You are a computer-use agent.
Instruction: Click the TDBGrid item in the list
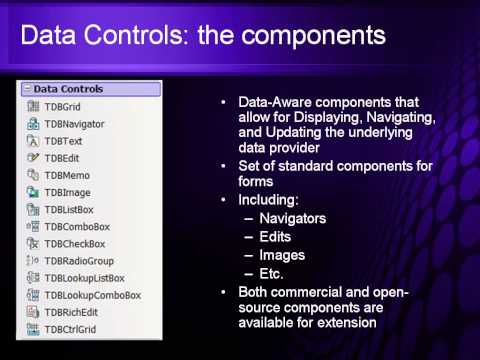tap(61, 106)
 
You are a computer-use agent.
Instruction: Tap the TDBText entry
tap(62, 140)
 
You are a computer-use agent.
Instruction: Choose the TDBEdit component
tap(62, 158)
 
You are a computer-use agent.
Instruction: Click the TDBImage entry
tap(67, 192)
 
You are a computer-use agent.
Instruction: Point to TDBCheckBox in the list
tap(75, 244)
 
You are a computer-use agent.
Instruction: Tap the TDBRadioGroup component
tap(78, 261)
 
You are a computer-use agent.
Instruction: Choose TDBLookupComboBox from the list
tap(92, 295)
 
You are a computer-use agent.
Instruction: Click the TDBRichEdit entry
tap(72, 312)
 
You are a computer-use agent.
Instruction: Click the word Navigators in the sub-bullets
tap(292, 217)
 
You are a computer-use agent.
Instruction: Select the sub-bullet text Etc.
tap(272, 273)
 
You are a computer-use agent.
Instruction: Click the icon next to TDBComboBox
tap(33, 227)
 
